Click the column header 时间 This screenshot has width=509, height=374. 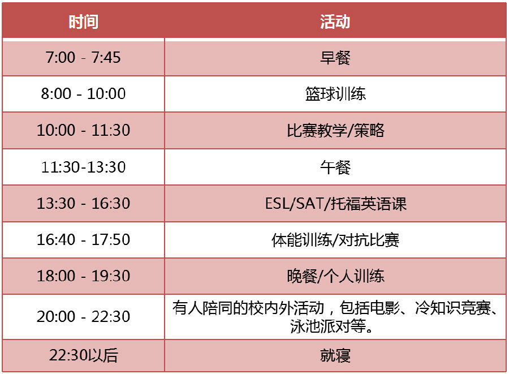pos(84,22)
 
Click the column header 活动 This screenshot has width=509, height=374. pos(335,22)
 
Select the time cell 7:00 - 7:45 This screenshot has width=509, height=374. pos(83,58)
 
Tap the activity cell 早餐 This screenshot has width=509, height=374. pos(335,58)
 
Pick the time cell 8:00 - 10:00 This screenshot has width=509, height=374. pos(83,94)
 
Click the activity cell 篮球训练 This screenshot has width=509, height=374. pos(335,94)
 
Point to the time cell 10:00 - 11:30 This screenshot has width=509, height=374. pos(83,130)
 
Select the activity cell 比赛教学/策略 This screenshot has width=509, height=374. pos(335,131)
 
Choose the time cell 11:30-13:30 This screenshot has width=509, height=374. pos(83,167)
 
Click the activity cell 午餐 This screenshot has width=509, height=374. pos(335,167)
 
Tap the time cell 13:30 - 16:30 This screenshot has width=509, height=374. pos(83,204)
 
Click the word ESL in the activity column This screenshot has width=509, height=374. pos(277,204)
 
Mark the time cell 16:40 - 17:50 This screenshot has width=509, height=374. pos(83,240)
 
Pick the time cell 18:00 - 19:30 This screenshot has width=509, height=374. pos(83,276)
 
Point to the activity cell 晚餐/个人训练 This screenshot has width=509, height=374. pos(335,276)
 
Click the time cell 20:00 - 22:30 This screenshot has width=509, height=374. pos(83,316)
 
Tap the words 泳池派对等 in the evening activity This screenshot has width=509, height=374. pos(328,326)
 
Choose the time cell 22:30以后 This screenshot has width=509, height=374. pos(83,355)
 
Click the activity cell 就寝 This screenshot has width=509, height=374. pos(335,355)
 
